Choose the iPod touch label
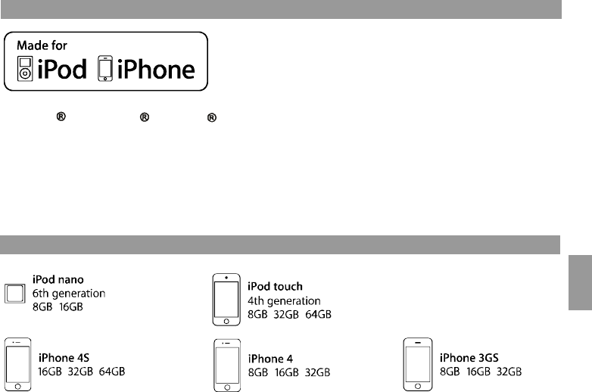(276, 286)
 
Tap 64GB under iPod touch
(317, 314)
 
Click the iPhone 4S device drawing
(18, 364)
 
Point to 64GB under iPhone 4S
(110, 372)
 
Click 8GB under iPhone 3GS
(452, 372)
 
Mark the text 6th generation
(69, 293)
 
